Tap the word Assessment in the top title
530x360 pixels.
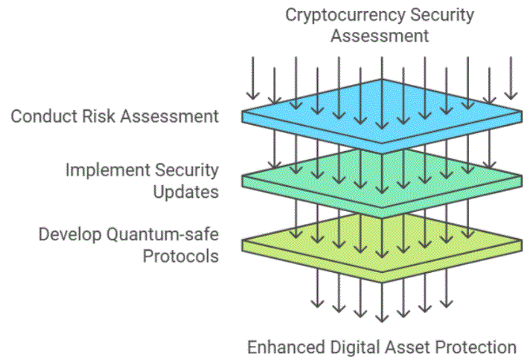380,35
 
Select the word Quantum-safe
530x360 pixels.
162,235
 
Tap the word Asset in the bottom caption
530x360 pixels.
402,347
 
